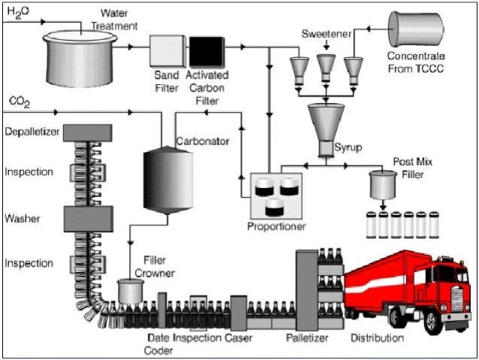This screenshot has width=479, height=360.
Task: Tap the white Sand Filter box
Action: point(167,50)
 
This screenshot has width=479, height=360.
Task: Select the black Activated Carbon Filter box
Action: point(205,50)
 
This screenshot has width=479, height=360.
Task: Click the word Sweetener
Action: point(325,35)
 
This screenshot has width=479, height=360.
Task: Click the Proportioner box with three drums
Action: point(276,193)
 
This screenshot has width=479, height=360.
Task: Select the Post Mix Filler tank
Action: point(384,183)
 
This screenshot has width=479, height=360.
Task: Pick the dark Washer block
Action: point(89,218)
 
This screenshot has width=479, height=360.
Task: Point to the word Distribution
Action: point(377,338)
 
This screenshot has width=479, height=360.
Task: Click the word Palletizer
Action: point(307,338)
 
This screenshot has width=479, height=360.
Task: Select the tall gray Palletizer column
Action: point(307,289)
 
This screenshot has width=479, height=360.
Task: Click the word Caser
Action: point(239,338)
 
